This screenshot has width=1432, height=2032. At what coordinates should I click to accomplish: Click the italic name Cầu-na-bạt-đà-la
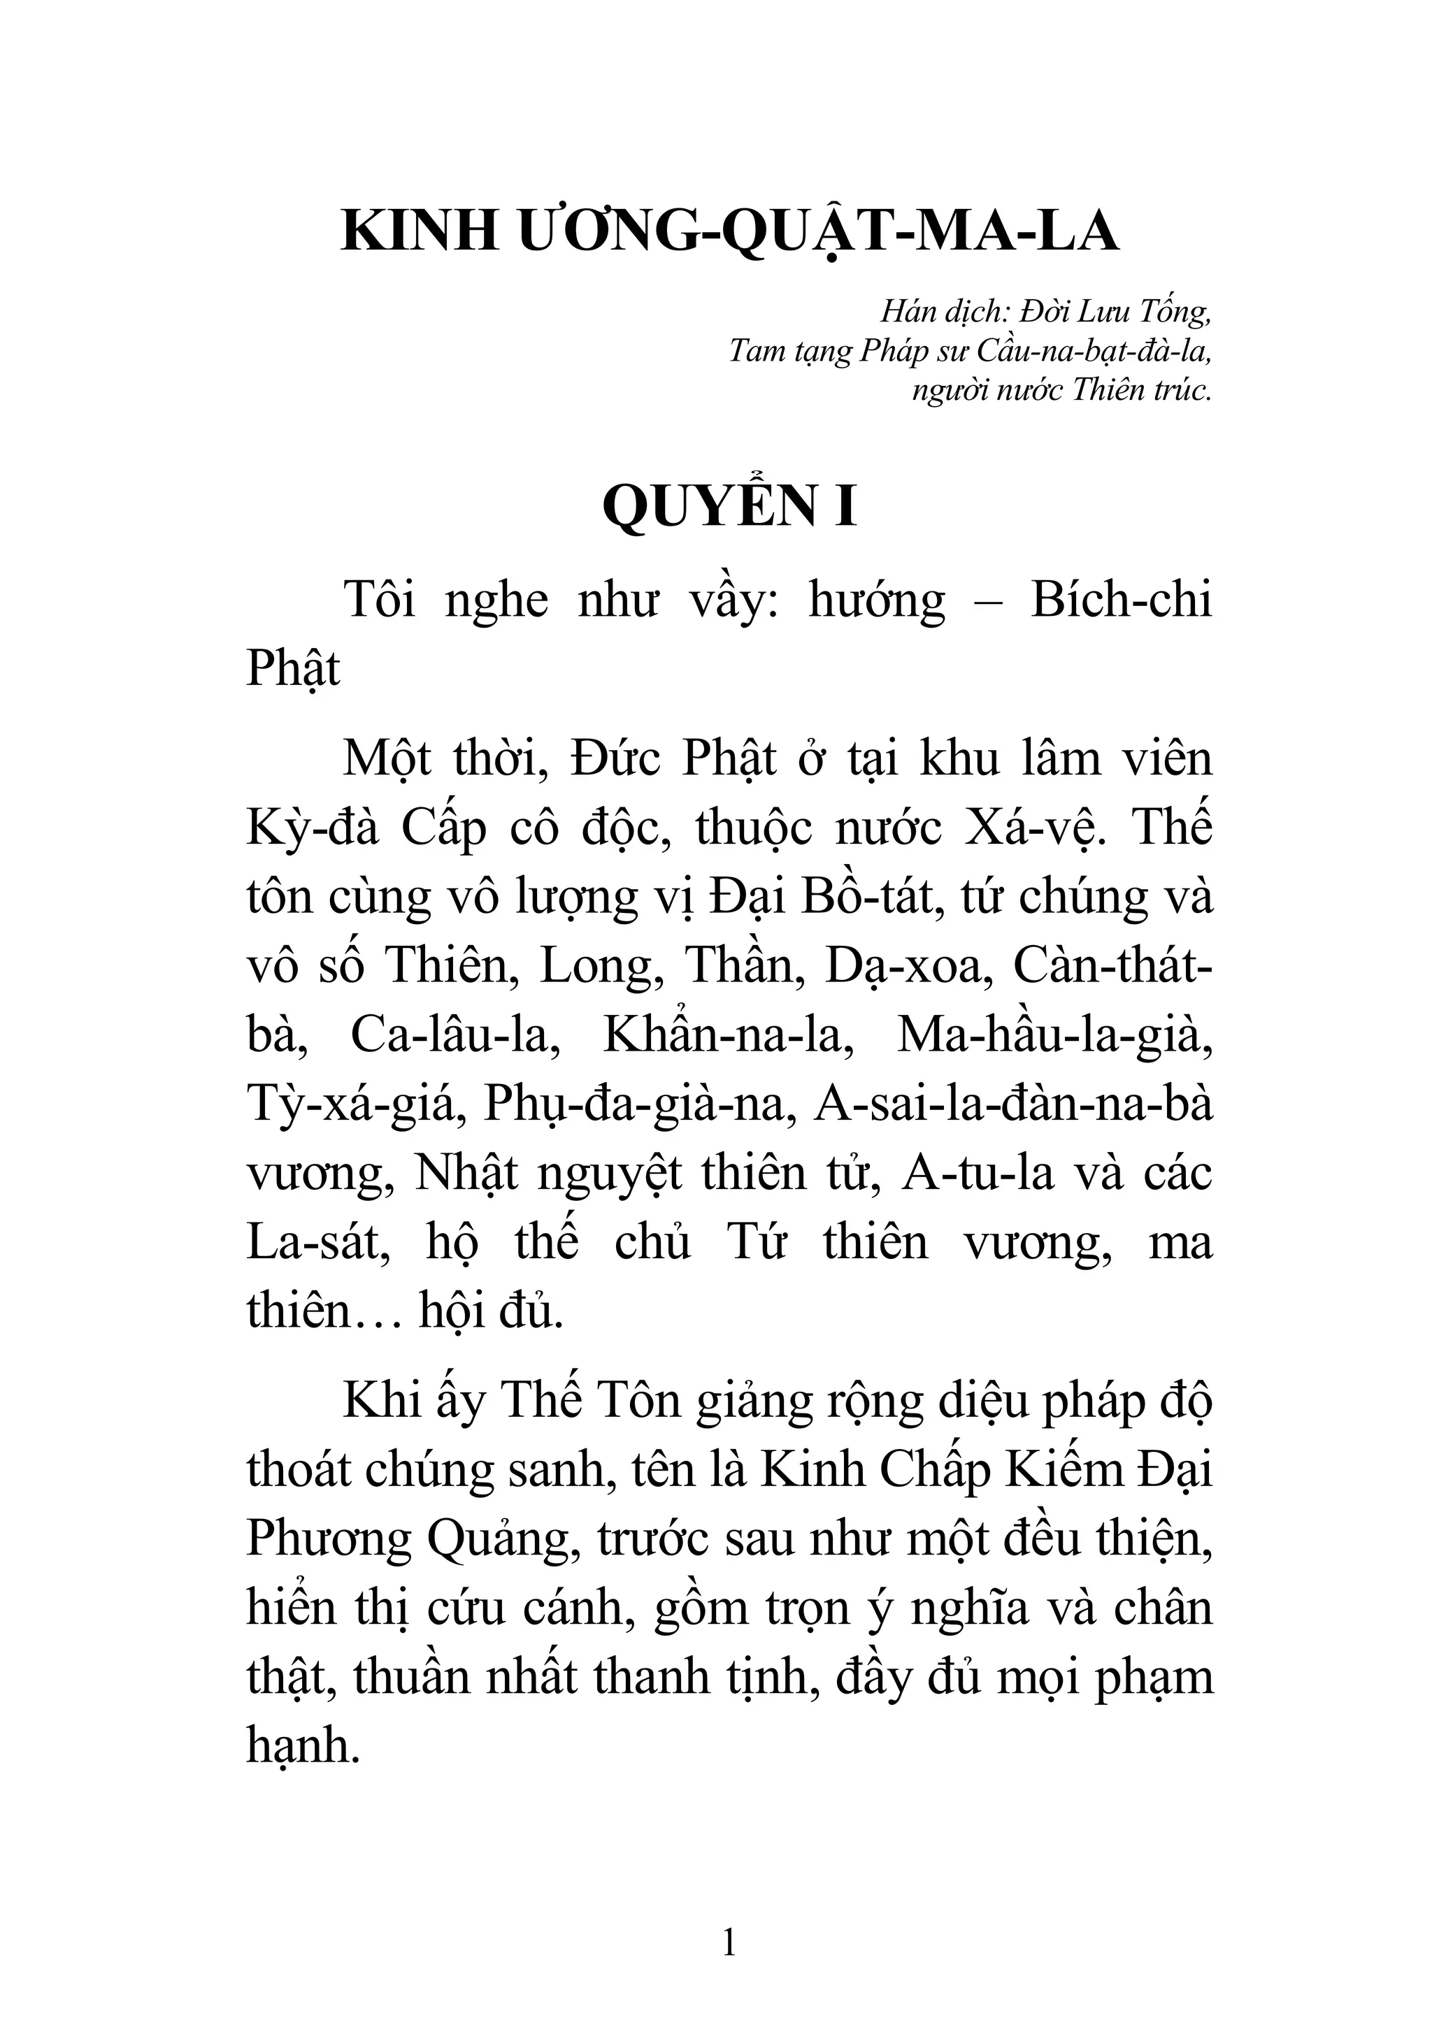[1094, 352]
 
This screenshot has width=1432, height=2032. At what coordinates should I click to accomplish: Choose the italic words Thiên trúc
[1141, 389]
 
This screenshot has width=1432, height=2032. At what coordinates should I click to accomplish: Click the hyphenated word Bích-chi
[1122, 601]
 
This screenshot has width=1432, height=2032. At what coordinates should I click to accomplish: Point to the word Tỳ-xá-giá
[356, 1104]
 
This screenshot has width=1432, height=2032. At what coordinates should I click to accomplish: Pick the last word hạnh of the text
[302, 1747]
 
